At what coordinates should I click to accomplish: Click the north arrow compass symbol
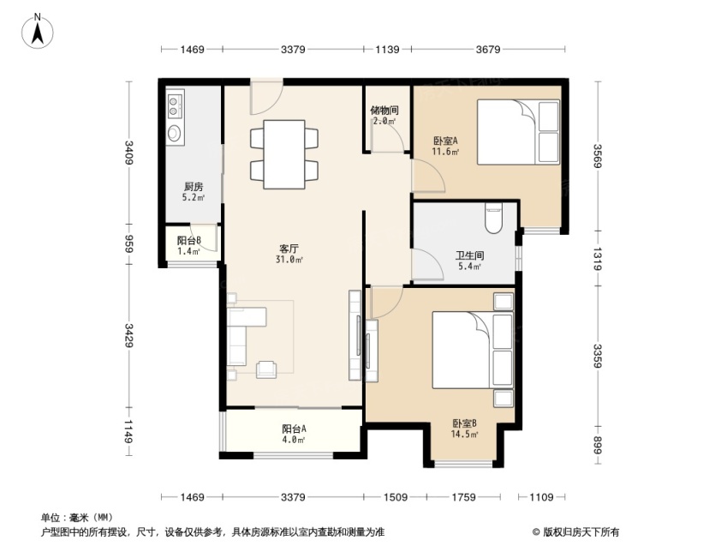(38, 31)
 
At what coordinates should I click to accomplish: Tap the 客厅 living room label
(289, 249)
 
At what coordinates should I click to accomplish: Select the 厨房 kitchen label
(194, 187)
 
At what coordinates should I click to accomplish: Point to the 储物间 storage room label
(384, 111)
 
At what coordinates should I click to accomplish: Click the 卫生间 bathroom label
(469, 255)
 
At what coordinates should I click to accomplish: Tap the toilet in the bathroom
(493, 218)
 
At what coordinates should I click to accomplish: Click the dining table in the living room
(284, 154)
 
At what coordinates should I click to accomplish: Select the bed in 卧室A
(518, 132)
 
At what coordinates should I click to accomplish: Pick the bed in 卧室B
(473, 350)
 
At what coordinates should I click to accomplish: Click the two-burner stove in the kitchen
(176, 105)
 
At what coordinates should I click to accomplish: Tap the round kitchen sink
(175, 133)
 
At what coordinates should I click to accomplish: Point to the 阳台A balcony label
(294, 429)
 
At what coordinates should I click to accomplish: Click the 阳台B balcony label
(188, 241)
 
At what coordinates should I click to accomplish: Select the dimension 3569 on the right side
(598, 156)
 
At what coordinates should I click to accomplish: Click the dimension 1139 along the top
(387, 49)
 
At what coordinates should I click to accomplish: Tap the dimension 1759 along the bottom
(463, 497)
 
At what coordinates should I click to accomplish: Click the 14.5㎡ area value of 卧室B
(465, 435)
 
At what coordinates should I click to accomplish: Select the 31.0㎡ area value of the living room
(289, 260)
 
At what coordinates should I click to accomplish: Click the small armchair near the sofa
(266, 369)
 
